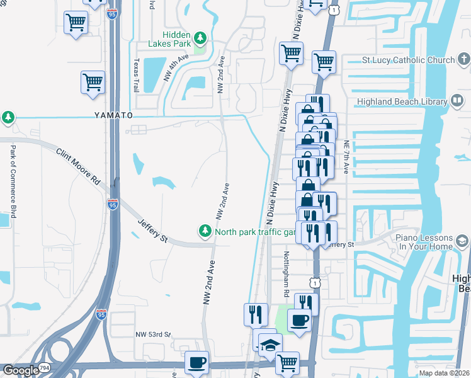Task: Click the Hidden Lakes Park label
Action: [x=167, y=38]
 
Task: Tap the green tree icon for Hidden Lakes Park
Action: [x=200, y=38]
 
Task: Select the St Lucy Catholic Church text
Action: [x=408, y=60]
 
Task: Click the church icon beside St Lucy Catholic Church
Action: [x=463, y=60]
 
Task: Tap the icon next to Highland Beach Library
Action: [x=458, y=101]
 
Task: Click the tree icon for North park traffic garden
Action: [x=205, y=232]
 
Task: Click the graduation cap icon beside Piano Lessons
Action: [x=463, y=241]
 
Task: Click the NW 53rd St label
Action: [x=154, y=335]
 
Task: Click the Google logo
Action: [x=21, y=370]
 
